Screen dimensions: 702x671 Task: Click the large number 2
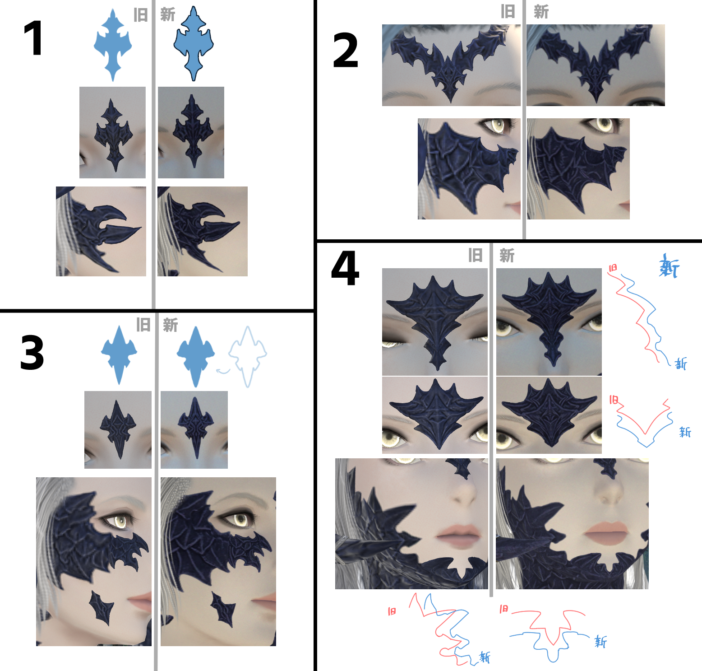[345, 51]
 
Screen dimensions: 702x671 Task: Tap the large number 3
[32, 353]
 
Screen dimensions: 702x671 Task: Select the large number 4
[345, 268]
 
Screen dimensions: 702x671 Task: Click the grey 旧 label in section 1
[141, 15]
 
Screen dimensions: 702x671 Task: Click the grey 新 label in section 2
[541, 12]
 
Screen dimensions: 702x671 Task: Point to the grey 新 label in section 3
[170, 325]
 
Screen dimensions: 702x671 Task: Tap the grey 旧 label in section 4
[475, 255]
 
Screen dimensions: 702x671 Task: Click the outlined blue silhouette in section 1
[194, 43]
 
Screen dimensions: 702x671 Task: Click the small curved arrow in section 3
[223, 371]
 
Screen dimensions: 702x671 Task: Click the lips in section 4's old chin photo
[458, 534]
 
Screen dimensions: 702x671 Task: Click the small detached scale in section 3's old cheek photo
[102, 607]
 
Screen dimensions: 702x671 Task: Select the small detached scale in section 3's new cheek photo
[223, 610]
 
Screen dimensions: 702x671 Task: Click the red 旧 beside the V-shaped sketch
[614, 400]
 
